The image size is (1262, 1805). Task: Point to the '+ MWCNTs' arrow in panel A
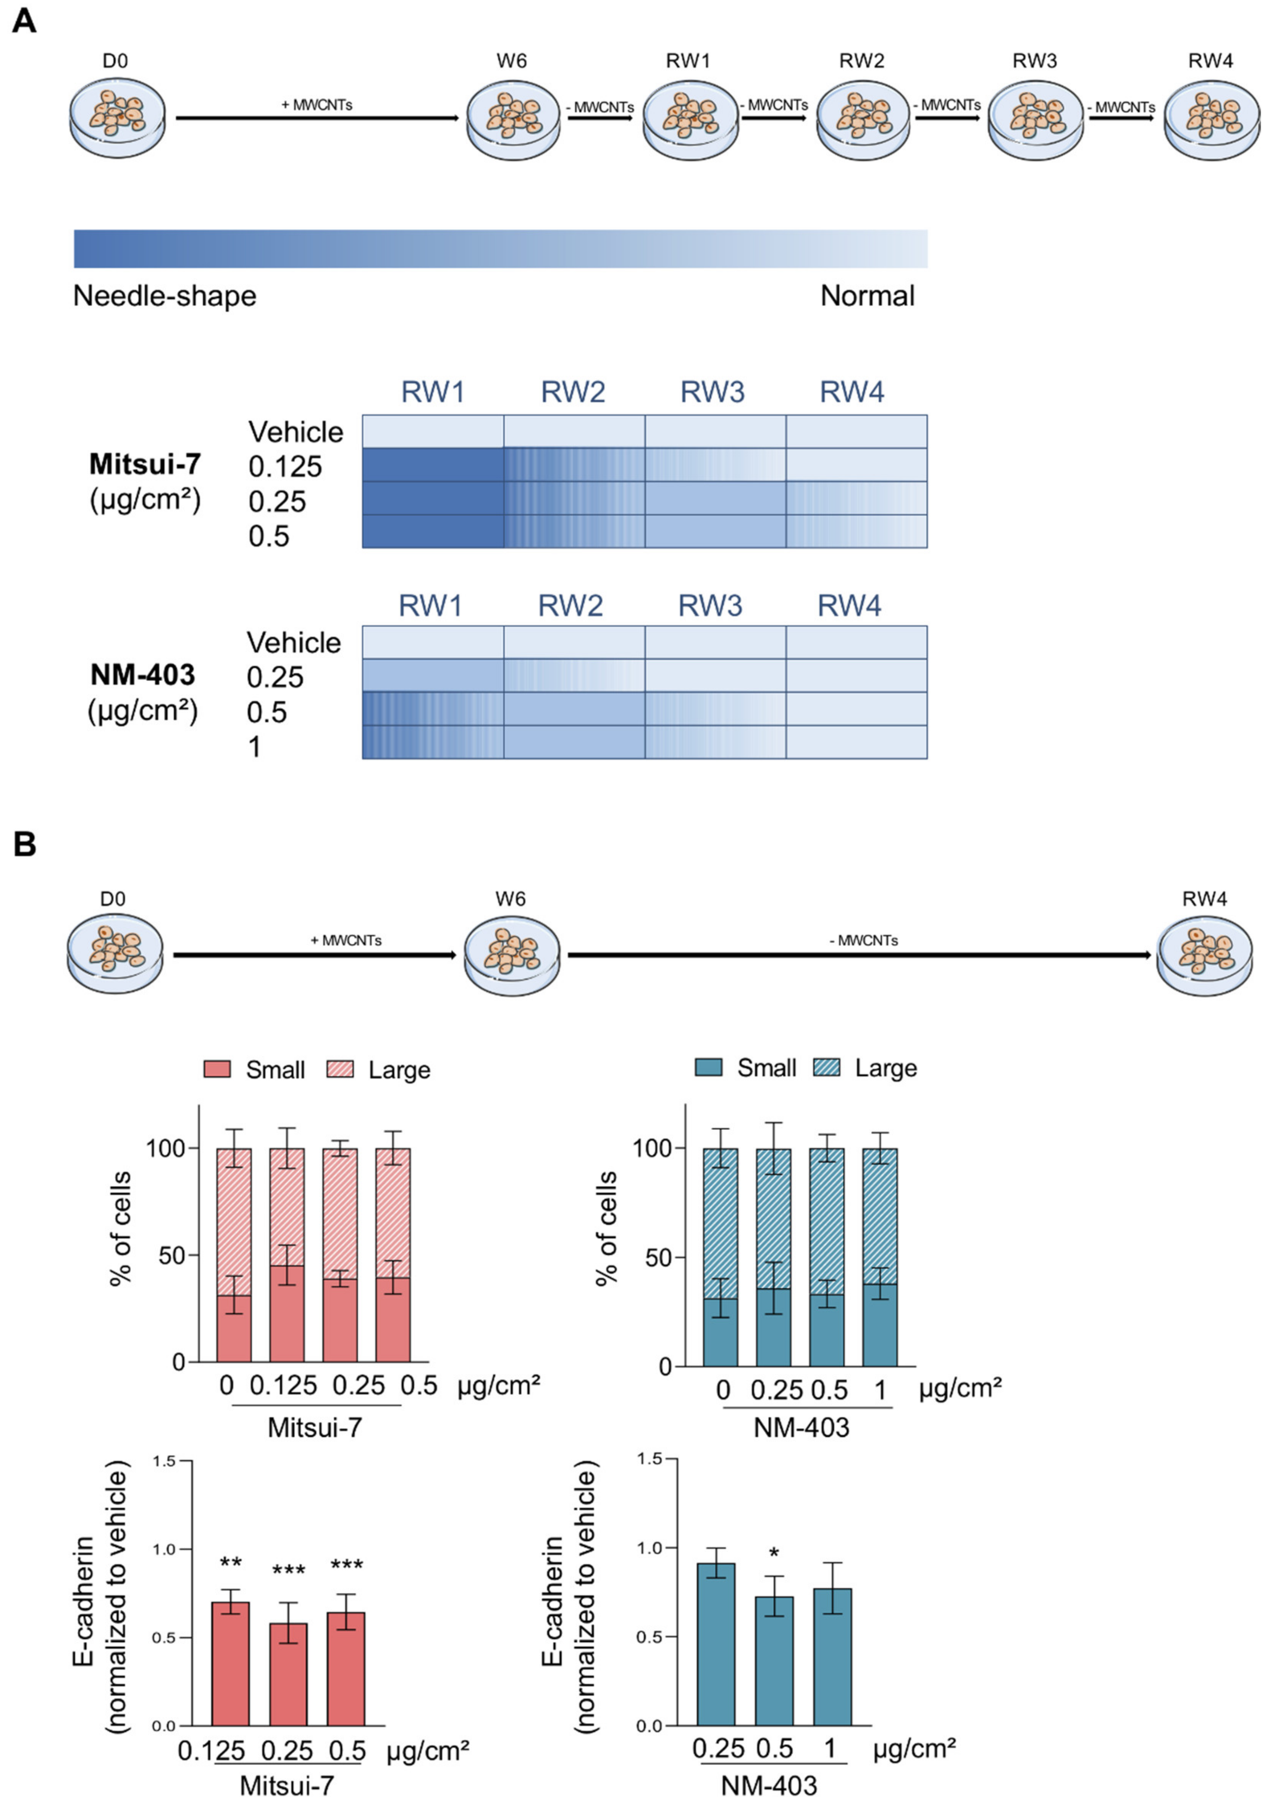[x=317, y=117]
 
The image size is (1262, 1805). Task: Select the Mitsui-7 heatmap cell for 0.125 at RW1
[x=433, y=465]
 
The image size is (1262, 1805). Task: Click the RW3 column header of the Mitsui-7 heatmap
[x=712, y=392]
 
